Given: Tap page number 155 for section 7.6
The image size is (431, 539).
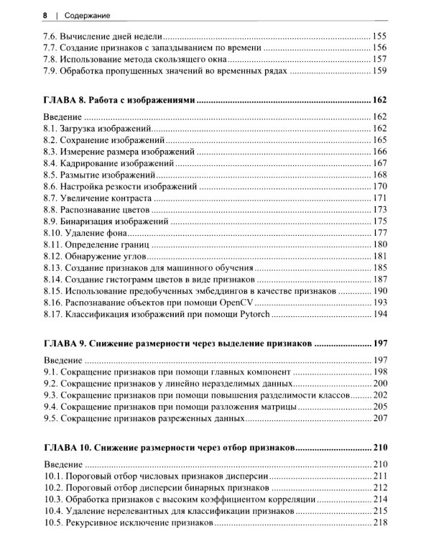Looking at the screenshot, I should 379,34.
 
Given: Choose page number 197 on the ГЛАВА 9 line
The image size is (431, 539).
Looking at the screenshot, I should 379,344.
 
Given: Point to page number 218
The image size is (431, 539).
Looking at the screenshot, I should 379,522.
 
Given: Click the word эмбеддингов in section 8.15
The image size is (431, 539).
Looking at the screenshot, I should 226,292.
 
